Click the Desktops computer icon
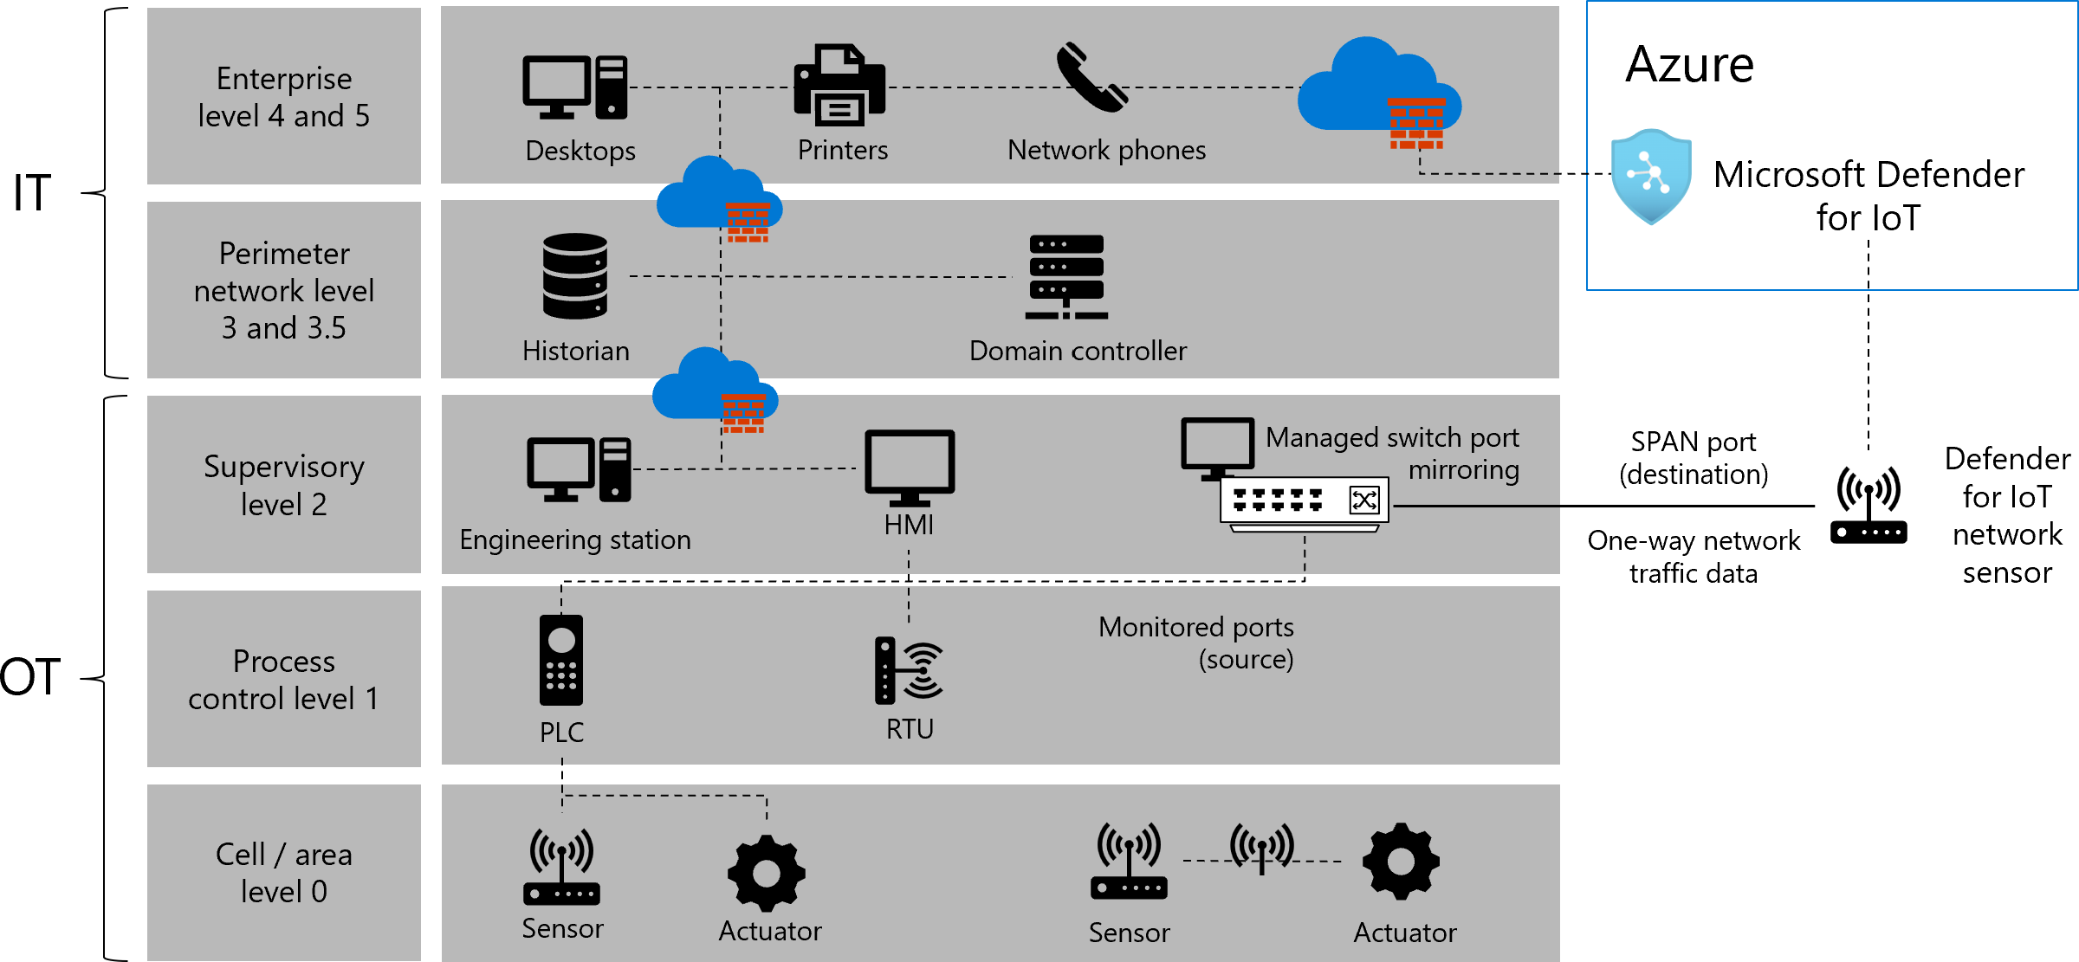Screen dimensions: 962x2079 (x=574, y=87)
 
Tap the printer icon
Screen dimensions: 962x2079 (x=839, y=86)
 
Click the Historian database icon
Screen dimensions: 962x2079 (x=575, y=276)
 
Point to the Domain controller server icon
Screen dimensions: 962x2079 (x=1066, y=277)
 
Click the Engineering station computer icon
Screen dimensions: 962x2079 (x=579, y=469)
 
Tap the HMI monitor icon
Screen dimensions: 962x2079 (x=910, y=468)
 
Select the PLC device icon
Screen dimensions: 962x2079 (x=561, y=660)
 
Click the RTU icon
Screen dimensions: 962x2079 (x=908, y=670)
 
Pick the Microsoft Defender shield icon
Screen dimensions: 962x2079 (x=1651, y=176)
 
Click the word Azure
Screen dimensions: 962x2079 (x=1689, y=65)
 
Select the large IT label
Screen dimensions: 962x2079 (x=32, y=192)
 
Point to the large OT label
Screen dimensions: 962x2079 (x=30, y=676)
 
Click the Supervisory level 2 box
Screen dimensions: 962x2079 (x=284, y=485)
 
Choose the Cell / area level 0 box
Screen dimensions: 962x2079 (x=284, y=873)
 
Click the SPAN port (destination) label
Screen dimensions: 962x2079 (x=1694, y=458)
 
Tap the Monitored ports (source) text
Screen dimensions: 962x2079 (x=1196, y=642)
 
